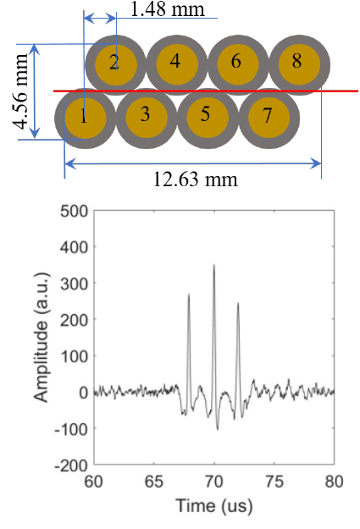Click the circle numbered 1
tap(84, 116)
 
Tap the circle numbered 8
tap(297, 62)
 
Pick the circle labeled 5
tap(206, 116)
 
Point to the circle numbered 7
tap(268, 116)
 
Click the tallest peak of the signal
tap(214, 266)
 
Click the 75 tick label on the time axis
tap(275, 480)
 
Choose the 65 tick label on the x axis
tap(154, 480)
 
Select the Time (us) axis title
tap(214, 505)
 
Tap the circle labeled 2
tap(114, 62)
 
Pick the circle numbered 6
tap(236, 62)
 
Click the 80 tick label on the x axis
tap(335, 480)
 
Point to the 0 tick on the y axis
tap(82, 392)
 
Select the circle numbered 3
tap(145, 116)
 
